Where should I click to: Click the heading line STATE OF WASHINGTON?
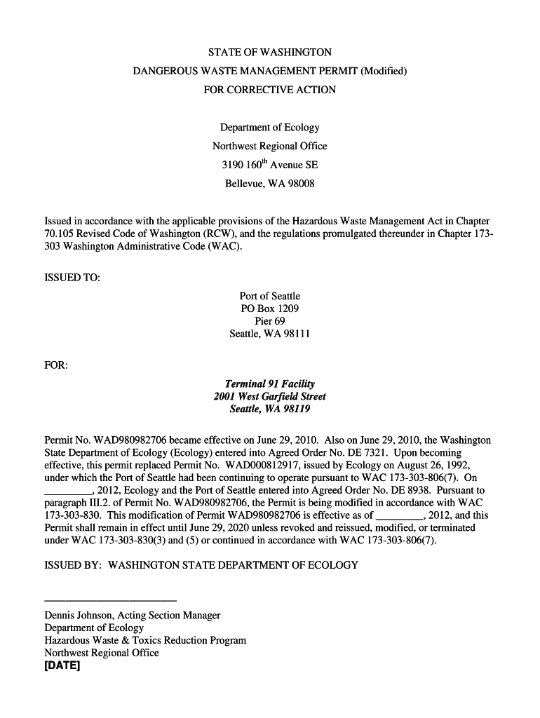click(x=270, y=53)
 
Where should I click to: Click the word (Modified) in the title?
click(x=383, y=71)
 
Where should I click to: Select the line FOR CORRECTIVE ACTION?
click(x=270, y=90)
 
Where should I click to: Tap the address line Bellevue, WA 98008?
click(x=270, y=184)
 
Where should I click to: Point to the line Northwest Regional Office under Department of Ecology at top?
click(x=270, y=146)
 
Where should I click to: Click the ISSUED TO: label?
click(x=73, y=278)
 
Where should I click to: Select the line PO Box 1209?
click(x=270, y=309)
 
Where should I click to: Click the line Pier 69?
click(x=270, y=321)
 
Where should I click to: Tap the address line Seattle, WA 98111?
click(x=270, y=334)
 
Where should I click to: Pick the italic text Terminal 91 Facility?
click(x=270, y=384)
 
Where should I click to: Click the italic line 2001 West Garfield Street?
click(x=270, y=397)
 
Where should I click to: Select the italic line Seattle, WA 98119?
click(x=270, y=409)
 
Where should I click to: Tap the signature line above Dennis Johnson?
click(x=110, y=601)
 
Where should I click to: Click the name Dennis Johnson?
click(x=78, y=615)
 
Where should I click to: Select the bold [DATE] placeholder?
click(x=62, y=666)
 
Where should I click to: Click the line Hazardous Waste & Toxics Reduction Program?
click(x=145, y=640)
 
